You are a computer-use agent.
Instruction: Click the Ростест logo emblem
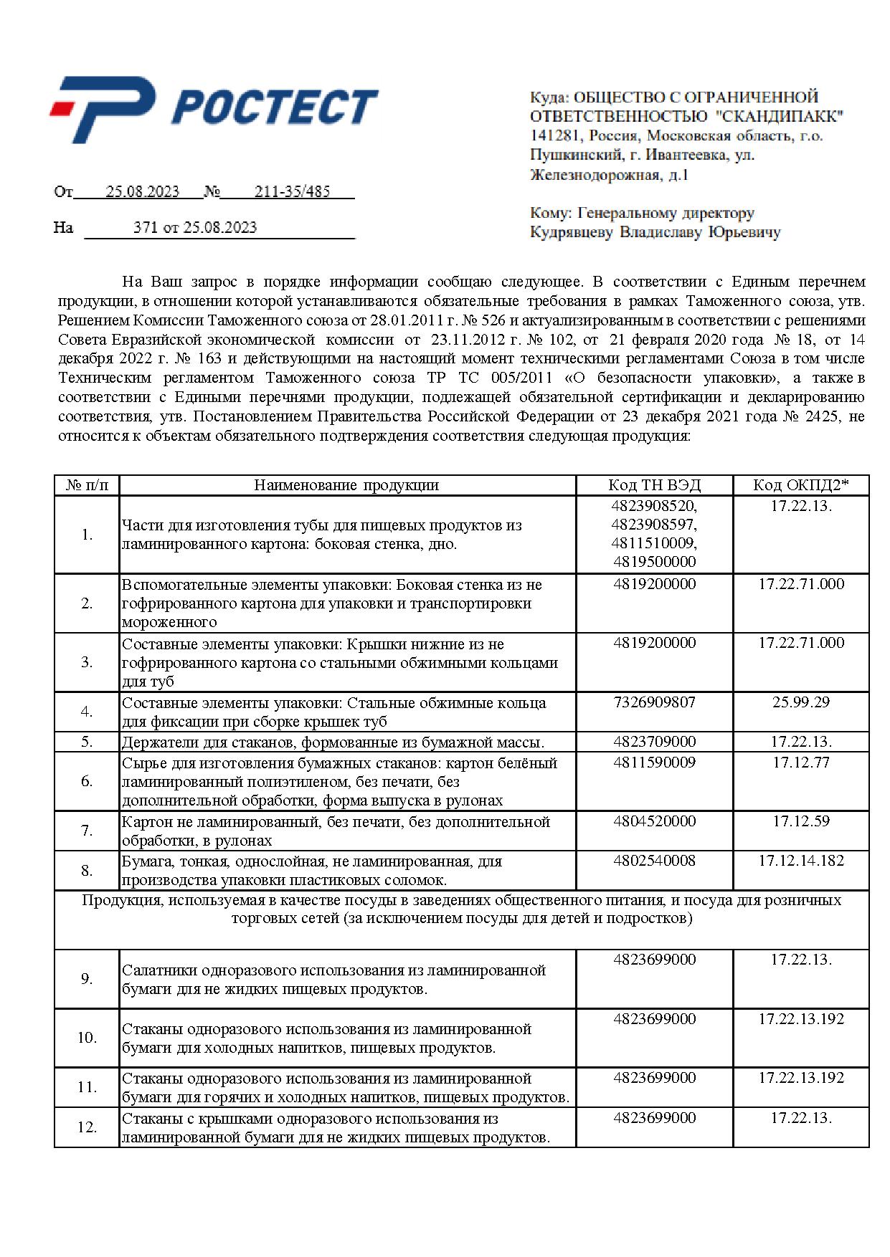point(104,109)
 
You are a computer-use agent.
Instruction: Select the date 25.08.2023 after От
point(143,191)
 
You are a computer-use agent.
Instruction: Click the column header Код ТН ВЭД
point(654,485)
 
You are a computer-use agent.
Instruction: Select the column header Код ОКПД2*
point(800,485)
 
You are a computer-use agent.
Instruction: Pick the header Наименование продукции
point(346,485)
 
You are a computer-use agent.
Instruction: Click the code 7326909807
point(654,702)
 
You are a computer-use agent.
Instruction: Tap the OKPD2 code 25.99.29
point(801,702)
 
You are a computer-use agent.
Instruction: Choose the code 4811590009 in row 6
point(654,763)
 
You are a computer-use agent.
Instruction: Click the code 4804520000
point(654,821)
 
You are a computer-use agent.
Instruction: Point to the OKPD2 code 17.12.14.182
point(801,861)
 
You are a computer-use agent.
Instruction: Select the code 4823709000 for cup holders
point(654,742)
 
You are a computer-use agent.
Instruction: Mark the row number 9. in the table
point(87,979)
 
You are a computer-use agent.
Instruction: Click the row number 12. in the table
point(87,1127)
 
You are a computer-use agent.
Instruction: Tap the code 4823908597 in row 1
point(654,525)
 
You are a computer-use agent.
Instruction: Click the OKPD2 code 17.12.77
point(801,763)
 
